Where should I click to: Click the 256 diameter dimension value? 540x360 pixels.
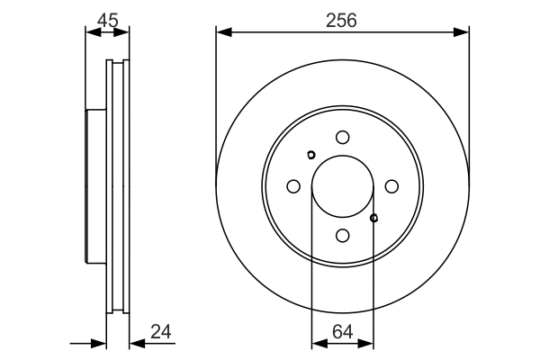coord(341,21)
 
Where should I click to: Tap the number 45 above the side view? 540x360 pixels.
coord(107,21)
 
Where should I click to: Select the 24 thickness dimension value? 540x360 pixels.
coord(161,332)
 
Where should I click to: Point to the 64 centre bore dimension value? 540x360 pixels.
coord(343,332)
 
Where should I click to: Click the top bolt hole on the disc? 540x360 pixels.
coord(343,137)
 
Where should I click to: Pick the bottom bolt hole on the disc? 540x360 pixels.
coord(343,236)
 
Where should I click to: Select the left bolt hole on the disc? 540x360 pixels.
coord(293,186)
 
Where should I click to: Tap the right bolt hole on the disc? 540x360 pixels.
coord(391,186)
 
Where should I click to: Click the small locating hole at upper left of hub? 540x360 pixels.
coord(311,155)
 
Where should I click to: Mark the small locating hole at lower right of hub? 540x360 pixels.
coord(374,218)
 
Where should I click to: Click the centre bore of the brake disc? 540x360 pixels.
coord(343,186)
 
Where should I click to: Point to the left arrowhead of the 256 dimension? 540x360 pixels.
coord(224,32)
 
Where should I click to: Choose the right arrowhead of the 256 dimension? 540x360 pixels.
coord(461,32)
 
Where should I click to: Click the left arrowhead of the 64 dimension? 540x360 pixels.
coord(319,344)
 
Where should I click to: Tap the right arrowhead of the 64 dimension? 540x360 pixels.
coord(365,344)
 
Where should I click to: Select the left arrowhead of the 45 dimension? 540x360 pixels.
coord(94,32)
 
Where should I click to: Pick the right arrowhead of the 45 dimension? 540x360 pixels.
coord(121,32)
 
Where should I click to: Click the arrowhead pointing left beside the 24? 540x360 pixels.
coord(138,344)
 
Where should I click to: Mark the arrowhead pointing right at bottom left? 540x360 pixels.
coord(98,344)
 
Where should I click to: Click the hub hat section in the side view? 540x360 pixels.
coord(95,186)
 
